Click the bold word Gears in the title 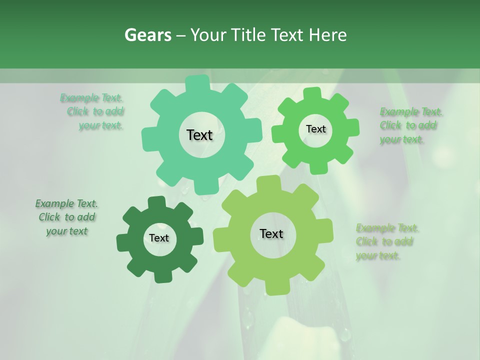148,35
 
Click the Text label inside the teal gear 200,135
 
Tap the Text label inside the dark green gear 159,238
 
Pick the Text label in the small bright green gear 315,129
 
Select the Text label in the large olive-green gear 271,233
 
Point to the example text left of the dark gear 66,217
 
